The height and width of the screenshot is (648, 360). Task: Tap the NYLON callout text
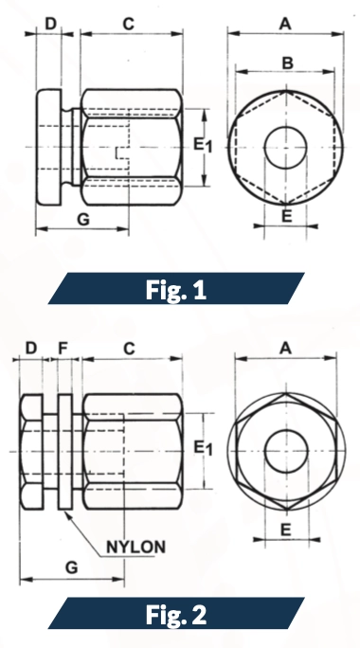coord(135,547)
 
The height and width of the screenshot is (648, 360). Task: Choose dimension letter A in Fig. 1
coord(286,21)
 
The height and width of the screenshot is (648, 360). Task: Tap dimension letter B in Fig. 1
coord(286,63)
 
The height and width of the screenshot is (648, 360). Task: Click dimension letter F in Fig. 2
coord(63,349)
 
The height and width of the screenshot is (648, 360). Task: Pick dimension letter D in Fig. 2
coord(31,349)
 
